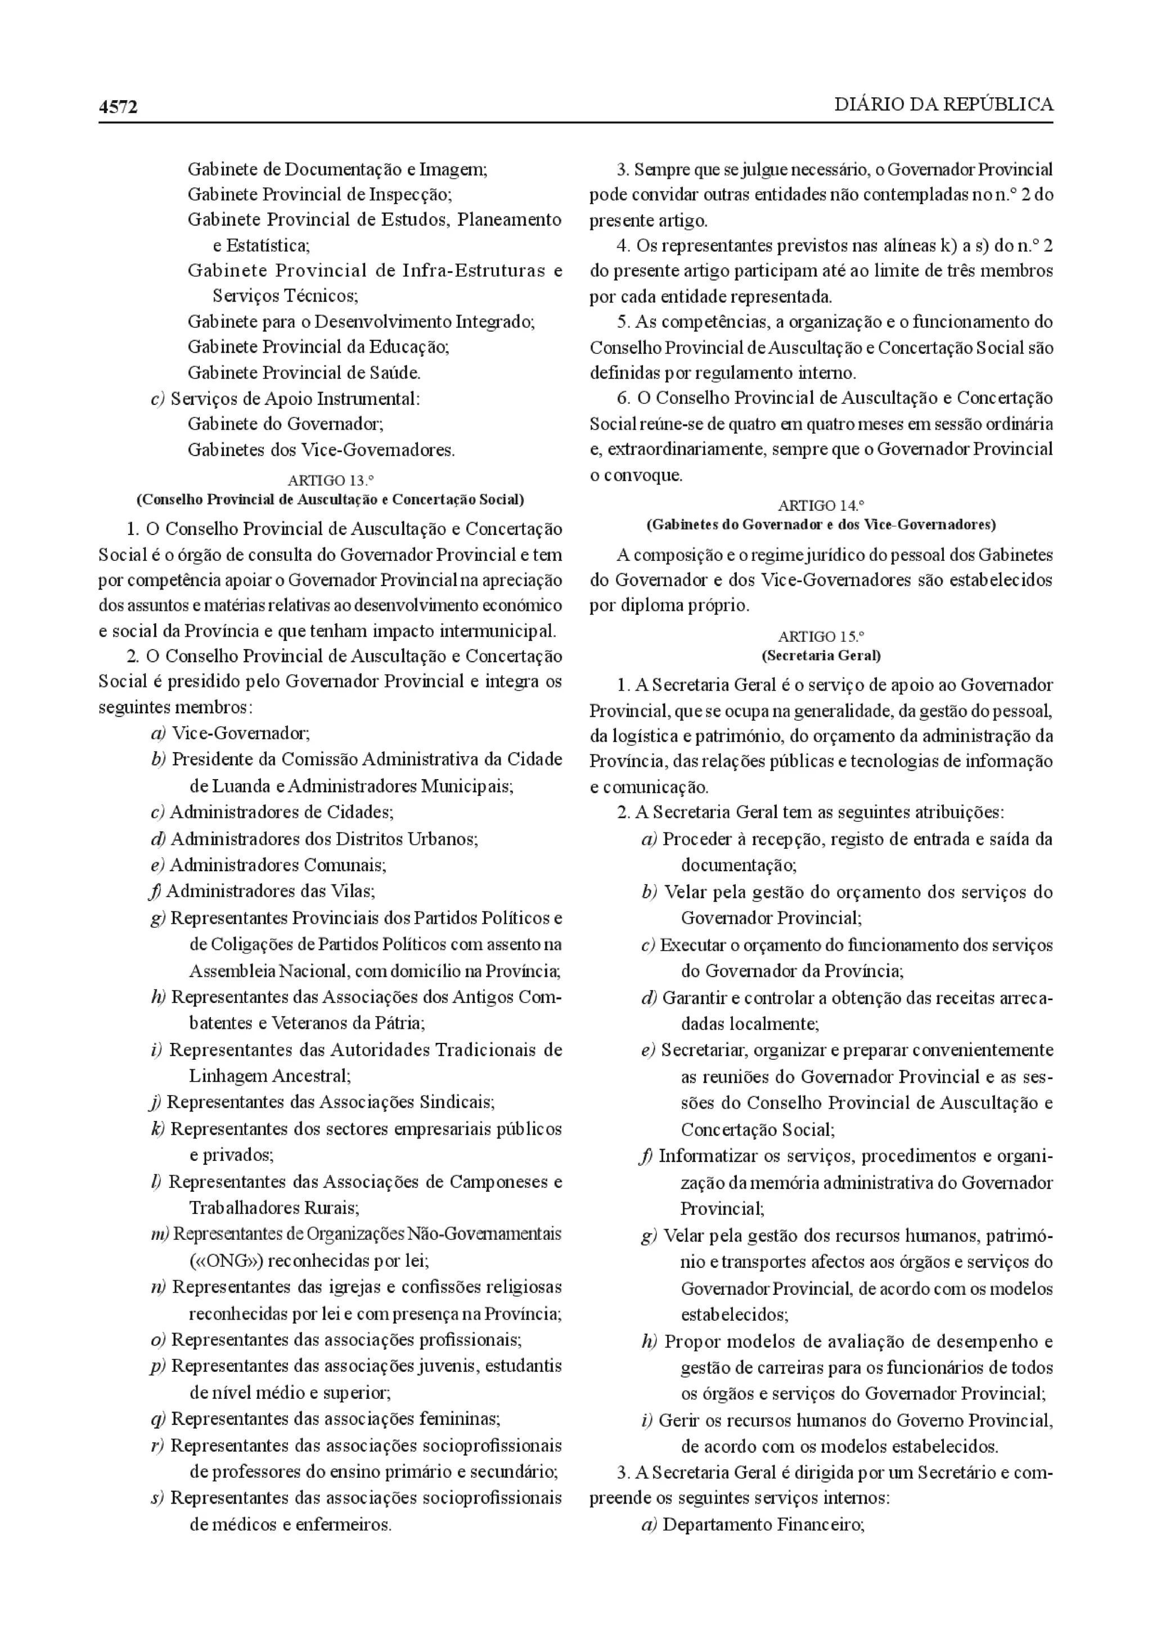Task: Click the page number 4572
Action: [118, 107]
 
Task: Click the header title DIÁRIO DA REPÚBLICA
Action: [943, 105]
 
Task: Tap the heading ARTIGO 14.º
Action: [821, 506]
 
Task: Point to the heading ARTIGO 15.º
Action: [821, 636]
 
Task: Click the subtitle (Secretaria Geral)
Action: [821, 655]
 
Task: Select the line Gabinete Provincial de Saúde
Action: [304, 372]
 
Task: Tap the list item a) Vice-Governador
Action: [231, 733]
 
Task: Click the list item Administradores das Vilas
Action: [270, 890]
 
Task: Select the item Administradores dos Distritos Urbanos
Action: [323, 839]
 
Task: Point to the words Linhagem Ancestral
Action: [269, 1075]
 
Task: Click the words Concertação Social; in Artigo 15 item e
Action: [758, 1129]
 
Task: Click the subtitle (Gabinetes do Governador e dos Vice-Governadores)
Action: [821, 525]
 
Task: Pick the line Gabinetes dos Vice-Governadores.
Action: [321, 449]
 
